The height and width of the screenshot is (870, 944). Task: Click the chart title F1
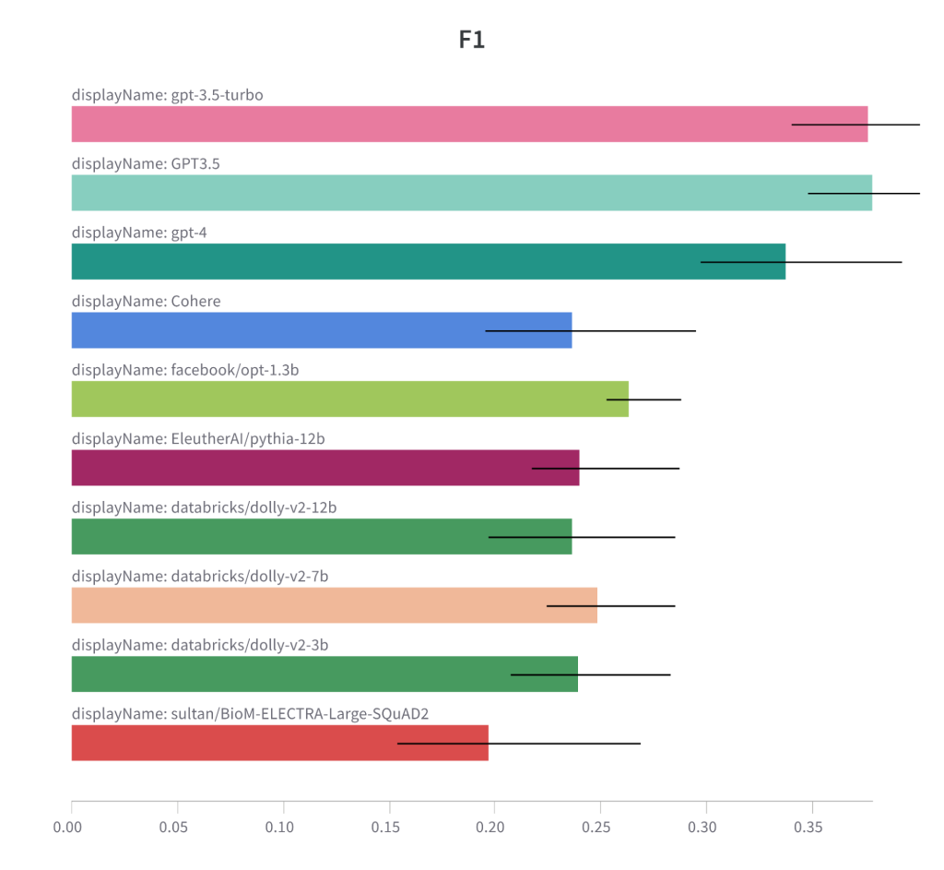coord(471,40)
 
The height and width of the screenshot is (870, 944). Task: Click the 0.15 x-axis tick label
coord(388,828)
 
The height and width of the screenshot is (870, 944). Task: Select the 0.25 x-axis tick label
coord(599,828)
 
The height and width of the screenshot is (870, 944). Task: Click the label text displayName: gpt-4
coord(139,232)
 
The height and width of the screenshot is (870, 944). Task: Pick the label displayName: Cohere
coord(146,302)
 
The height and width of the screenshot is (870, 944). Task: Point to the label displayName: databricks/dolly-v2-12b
coord(197,507)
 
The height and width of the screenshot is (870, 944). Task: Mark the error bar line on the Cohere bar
coord(590,330)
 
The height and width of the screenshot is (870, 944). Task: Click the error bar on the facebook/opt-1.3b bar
coord(643,399)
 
